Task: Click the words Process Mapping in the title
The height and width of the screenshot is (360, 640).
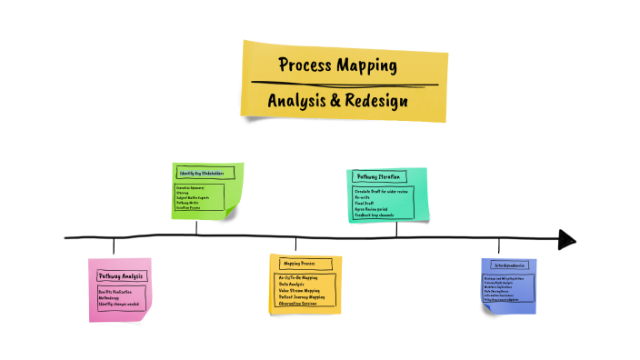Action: pos(337,65)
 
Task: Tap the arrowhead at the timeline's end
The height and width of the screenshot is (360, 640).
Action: pos(567,239)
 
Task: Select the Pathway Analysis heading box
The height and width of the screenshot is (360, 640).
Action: pos(122,275)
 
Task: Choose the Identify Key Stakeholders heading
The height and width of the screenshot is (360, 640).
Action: pos(203,172)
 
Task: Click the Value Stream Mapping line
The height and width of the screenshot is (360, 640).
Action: pos(302,290)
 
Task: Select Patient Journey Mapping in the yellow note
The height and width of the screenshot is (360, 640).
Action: pos(304,296)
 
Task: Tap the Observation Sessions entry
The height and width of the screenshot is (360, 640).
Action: pos(300,304)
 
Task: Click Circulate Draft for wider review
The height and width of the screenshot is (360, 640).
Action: pos(383,192)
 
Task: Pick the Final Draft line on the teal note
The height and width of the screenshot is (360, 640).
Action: pos(366,204)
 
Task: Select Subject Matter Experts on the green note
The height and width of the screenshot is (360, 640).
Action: pos(194,196)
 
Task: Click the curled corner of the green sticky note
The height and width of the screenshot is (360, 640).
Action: pos(236,211)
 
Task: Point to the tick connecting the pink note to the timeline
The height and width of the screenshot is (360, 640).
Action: pos(114,246)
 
